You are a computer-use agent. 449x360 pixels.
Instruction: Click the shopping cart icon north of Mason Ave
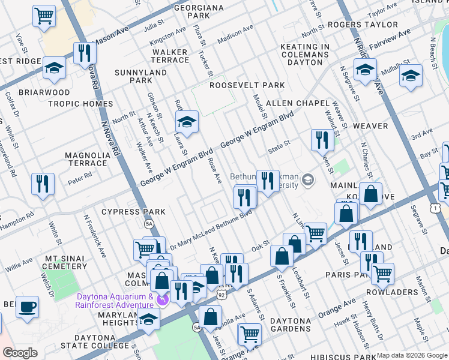44,16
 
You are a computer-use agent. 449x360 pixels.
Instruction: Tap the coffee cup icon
27,307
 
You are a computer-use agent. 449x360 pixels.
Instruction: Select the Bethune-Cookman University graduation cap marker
308,180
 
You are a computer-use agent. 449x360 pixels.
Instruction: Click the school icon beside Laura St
187,123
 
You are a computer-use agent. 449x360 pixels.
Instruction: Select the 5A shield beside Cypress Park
149,224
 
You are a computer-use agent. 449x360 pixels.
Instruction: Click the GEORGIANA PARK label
181,11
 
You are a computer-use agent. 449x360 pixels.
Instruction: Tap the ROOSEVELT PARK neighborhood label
247,85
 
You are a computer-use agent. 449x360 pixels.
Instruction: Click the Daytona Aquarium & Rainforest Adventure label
114,301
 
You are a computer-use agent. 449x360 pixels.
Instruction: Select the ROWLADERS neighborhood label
391,292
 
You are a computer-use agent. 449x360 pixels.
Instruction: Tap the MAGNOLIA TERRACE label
86,159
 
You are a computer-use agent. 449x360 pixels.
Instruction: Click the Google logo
20,353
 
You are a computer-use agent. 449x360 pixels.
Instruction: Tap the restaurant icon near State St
323,140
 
